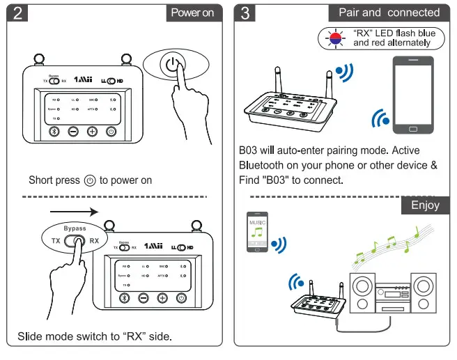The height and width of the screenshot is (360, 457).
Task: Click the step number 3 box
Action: pyautogui.click(x=245, y=13)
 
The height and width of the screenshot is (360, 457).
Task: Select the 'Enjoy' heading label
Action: pyautogui.click(x=425, y=205)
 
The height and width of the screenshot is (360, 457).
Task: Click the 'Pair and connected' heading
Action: pyautogui.click(x=389, y=13)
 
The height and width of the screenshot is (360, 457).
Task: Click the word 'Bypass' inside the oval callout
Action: pyautogui.click(x=75, y=228)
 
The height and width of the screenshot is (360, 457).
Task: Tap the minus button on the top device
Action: pyautogui.click(x=73, y=132)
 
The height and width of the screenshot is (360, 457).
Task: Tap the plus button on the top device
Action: pyautogui.click(x=92, y=132)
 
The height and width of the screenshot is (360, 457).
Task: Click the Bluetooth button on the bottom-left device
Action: pyautogui.click(x=125, y=298)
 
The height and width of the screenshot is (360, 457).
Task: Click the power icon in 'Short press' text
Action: pyautogui.click(x=89, y=180)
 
